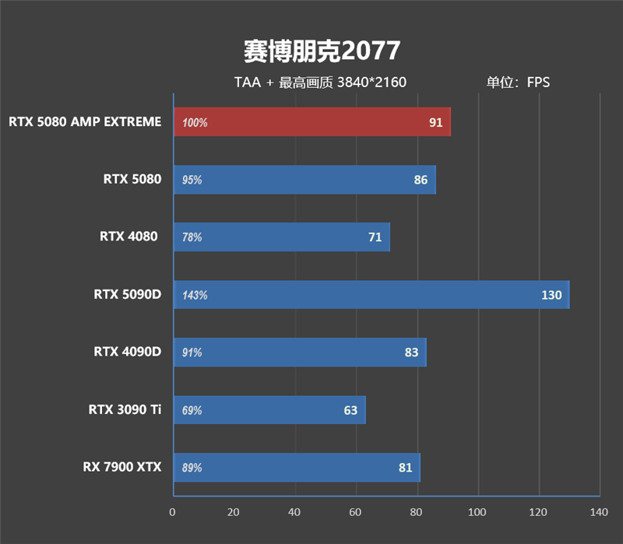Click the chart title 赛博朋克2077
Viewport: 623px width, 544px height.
[322, 51]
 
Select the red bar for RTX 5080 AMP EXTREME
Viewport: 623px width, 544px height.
[311, 122]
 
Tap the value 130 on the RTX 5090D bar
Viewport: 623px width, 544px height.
[551, 295]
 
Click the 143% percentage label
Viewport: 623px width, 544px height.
[195, 295]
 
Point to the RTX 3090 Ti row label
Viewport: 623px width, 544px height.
[125, 409]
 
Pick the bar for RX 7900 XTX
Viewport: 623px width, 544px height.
[296, 468]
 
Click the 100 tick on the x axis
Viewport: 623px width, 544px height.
[477, 512]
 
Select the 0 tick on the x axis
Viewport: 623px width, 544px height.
[173, 512]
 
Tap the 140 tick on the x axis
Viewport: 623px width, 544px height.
[598, 512]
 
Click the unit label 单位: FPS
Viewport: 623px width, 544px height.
[518, 82]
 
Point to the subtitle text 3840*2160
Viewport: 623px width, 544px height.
[371, 82]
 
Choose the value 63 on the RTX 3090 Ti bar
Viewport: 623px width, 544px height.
[350, 410]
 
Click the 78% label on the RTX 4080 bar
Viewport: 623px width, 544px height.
[192, 237]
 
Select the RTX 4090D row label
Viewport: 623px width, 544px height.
[128, 352]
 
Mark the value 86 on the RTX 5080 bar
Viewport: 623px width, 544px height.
[421, 180]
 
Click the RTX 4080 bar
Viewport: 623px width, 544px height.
[280, 237]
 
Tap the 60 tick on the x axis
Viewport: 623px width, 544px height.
[355, 512]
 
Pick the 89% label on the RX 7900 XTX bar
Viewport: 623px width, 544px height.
[192, 468]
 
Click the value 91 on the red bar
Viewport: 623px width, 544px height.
[435, 122]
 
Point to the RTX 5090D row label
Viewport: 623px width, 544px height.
[128, 294]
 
